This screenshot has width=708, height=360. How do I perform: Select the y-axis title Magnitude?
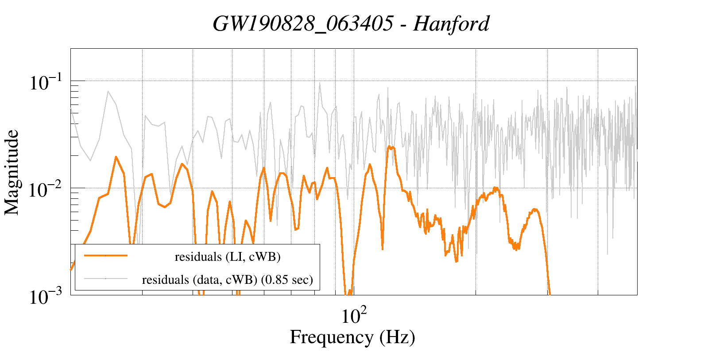(x=12, y=173)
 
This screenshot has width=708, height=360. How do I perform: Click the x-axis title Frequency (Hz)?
(x=352, y=337)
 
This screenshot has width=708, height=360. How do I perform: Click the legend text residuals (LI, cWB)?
(x=228, y=257)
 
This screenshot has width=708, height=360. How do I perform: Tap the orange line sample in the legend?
(x=106, y=255)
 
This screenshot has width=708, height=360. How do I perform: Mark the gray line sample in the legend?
(x=106, y=279)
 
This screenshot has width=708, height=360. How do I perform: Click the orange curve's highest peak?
(x=389, y=147)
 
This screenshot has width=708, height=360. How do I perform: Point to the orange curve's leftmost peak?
(x=116, y=157)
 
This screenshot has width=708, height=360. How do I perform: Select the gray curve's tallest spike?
(x=319, y=83)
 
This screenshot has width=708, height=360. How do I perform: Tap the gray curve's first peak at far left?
(x=108, y=91)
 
